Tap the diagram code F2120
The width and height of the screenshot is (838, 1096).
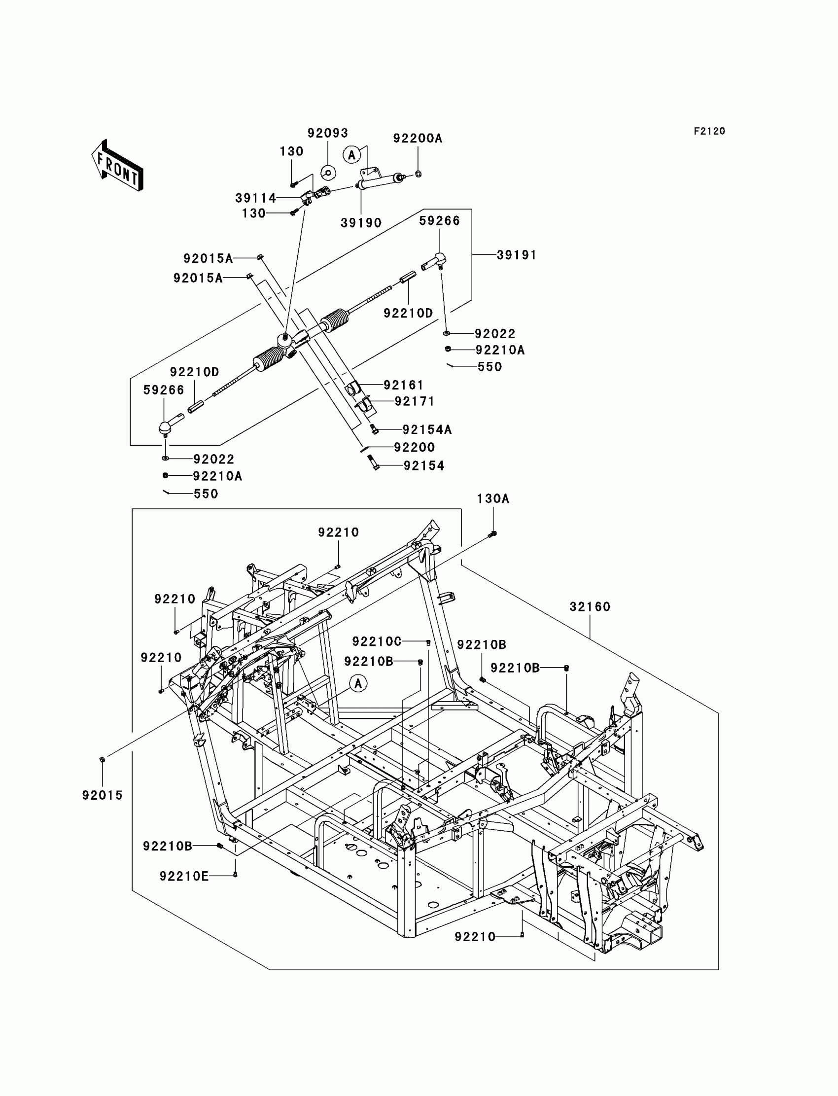tap(709, 131)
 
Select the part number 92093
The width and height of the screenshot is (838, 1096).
tap(327, 133)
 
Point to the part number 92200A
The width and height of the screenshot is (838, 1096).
tap(418, 138)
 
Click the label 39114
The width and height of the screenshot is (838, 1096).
tap(255, 198)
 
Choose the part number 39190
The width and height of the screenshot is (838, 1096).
tap(361, 223)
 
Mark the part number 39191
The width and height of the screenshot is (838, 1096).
tap(516, 255)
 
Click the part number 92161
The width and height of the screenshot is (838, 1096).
tap(404, 385)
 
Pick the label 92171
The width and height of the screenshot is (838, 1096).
tap(415, 402)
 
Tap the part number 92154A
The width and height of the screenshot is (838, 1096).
tap(427, 429)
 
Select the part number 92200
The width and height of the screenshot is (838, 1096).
tap(415, 448)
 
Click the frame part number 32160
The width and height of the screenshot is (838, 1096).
tap(590, 607)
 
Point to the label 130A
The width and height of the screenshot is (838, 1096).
tap(493, 499)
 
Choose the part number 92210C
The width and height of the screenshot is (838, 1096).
tap(377, 641)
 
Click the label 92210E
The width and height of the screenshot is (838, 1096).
tap(184, 877)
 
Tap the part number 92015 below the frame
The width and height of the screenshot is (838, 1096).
tap(102, 796)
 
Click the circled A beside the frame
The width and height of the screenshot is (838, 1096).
tap(358, 683)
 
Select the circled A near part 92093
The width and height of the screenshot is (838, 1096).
tap(351, 155)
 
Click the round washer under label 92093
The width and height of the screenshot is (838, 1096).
tap(328, 173)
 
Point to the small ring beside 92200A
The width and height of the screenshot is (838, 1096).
tap(418, 174)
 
